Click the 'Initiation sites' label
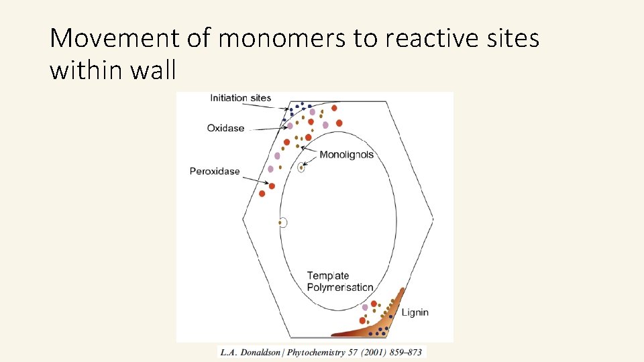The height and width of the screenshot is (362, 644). click(x=240, y=98)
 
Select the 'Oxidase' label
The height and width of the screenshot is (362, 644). click(x=225, y=128)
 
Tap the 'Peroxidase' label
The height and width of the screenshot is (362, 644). click(x=215, y=171)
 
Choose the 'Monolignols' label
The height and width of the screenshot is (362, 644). click(x=346, y=155)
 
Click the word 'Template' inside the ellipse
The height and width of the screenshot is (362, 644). click(x=328, y=276)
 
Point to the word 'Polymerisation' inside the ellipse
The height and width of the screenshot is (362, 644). click(x=340, y=287)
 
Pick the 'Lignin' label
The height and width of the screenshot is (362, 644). click(x=415, y=312)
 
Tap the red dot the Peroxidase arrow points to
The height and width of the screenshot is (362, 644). click(x=272, y=186)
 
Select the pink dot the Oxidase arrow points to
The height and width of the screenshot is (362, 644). click(x=290, y=125)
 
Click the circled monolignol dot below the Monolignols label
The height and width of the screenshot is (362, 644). click(x=301, y=168)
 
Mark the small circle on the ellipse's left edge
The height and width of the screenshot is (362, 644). click(x=283, y=223)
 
